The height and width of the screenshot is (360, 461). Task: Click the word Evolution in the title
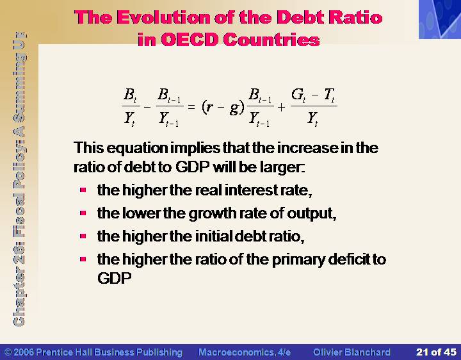163,17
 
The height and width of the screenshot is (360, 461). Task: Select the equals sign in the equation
191,107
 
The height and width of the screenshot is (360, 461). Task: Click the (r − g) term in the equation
223,108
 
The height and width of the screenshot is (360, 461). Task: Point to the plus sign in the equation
281,108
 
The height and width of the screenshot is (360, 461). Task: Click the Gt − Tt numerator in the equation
313,95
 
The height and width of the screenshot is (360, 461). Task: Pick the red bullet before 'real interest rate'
83,190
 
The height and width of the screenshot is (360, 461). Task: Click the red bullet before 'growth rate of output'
83,213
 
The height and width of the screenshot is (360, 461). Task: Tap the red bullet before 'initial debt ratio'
83,236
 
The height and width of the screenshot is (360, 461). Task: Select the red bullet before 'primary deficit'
83,259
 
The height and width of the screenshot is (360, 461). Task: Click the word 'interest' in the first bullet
251,190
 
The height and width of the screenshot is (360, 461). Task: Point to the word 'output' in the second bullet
311,213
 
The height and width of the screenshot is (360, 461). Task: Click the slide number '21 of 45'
436,352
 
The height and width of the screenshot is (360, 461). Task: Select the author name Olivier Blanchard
352,352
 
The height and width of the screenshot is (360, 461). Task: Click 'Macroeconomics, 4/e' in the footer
245,352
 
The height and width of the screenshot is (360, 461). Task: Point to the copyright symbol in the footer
8,352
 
